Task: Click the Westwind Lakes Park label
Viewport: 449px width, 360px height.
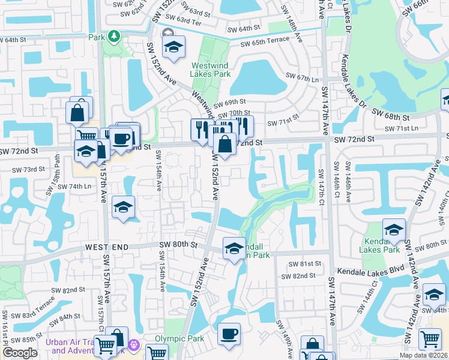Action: [210, 70]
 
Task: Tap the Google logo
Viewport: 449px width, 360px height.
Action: [20, 353]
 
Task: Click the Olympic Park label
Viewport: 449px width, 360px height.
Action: [179, 338]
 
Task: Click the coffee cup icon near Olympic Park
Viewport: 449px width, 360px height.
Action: [228, 335]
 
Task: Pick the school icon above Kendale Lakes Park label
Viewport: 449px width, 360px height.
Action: [394, 230]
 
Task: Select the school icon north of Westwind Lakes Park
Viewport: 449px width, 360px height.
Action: [173, 47]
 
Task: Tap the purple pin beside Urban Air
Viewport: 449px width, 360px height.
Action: [134, 346]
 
